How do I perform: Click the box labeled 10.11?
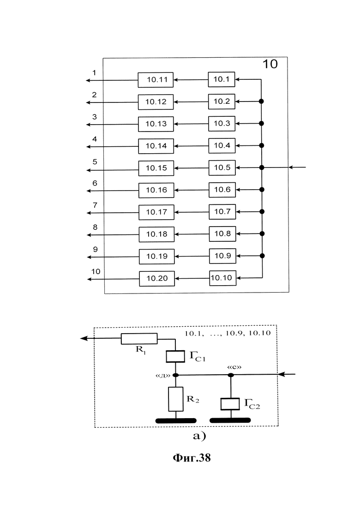pos(156,80)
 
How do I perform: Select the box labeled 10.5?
pos(222,168)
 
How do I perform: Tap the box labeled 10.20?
pos(157,278)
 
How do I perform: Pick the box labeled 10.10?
pos(222,278)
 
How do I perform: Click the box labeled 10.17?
pos(156,212)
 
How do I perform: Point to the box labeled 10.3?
pos(222,123)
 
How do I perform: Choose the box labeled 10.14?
pos(156,146)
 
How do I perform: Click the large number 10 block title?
pos(270,65)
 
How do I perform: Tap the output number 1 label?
pos(95,72)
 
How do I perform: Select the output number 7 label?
pos(95,204)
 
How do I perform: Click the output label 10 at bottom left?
pos(96,271)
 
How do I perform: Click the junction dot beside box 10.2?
pos(261,101)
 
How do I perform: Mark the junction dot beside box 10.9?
pos(262,256)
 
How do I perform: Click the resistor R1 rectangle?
pos(139,339)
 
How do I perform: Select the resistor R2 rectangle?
pos(176,399)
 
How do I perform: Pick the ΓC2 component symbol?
pos(230,404)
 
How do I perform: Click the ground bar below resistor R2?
pos(176,420)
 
